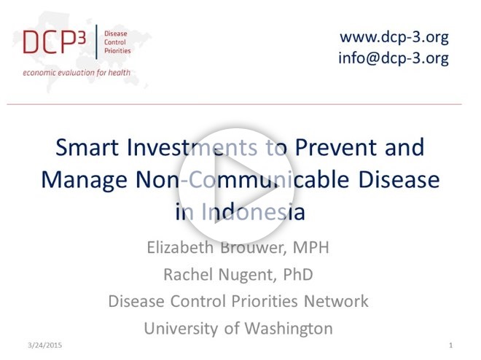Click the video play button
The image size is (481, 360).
(x=236, y=186)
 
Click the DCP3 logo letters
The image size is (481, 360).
(x=55, y=42)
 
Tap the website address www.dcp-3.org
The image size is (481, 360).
(x=394, y=37)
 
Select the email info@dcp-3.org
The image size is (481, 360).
(x=394, y=58)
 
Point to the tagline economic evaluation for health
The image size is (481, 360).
(x=77, y=73)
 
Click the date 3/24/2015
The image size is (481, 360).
(x=44, y=345)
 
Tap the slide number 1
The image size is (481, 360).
(x=450, y=345)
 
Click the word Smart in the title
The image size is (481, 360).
(x=87, y=147)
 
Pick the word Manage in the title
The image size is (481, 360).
(x=84, y=180)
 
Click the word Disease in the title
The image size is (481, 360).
(x=399, y=179)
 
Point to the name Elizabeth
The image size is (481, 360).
(x=180, y=247)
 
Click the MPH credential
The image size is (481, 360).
(x=310, y=247)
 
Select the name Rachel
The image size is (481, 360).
(x=188, y=274)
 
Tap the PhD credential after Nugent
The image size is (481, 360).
(x=298, y=274)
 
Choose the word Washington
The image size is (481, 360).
(x=289, y=329)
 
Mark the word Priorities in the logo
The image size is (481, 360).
(x=117, y=50)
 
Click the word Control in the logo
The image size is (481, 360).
(x=115, y=42)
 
